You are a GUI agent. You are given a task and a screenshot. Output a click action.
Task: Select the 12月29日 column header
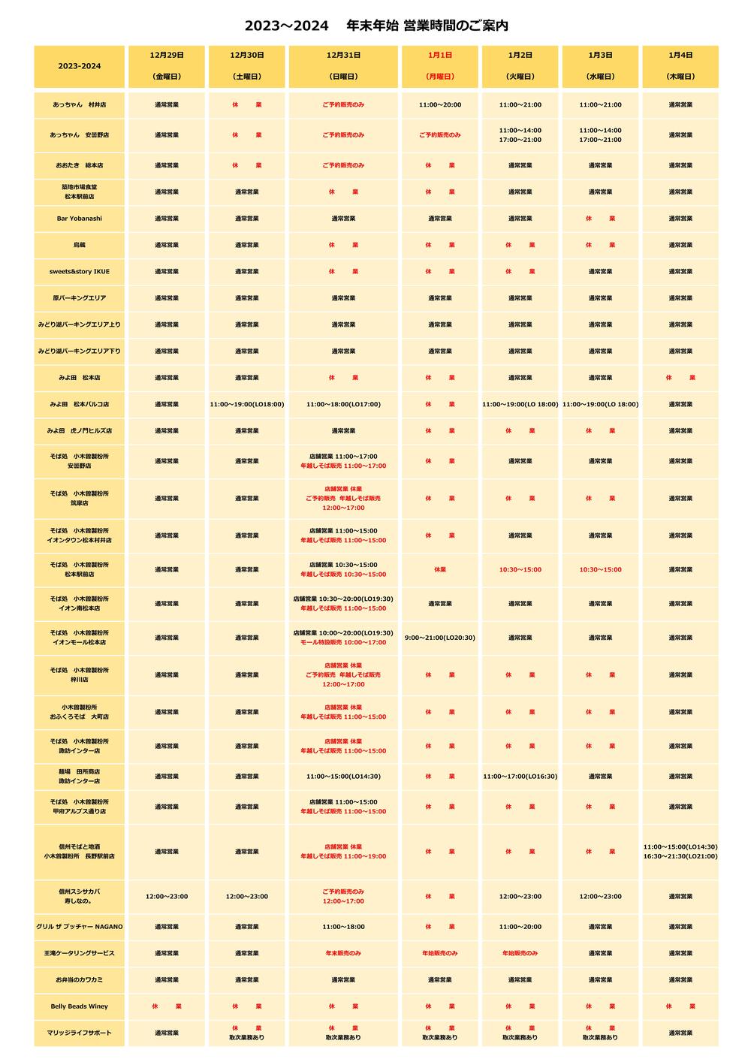(167, 66)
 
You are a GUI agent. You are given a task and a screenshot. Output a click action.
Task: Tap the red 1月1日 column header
(440, 66)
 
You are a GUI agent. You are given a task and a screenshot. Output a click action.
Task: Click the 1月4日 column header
(680, 66)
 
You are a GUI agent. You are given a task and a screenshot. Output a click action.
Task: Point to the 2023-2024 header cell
(80, 66)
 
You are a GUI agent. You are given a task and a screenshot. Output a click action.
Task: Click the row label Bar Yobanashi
(80, 219)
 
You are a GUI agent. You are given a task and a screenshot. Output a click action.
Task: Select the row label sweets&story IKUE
(80, 271)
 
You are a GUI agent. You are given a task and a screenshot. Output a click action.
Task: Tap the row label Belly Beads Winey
(80, 1006)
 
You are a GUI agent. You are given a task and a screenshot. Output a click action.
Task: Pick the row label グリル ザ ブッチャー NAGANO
(80, 927)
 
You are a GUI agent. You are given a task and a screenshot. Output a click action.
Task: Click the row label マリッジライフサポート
(80, 1033)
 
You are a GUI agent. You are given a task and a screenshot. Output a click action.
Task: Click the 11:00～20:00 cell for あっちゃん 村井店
(440, 105)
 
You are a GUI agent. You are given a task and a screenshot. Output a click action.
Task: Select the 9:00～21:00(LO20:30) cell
(440, 638)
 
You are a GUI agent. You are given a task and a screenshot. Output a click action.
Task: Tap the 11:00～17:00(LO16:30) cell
(520, 777)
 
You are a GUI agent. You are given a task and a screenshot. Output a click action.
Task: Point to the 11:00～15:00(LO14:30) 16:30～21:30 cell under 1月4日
(680, 852)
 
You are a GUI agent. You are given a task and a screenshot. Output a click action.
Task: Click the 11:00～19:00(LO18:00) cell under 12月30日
(247, 404)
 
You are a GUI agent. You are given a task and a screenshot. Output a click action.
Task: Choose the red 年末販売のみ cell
(343, 953)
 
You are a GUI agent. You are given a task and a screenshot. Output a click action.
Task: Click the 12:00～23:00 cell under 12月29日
(167, 896)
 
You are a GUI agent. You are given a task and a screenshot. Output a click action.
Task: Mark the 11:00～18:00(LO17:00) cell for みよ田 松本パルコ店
(343, 404)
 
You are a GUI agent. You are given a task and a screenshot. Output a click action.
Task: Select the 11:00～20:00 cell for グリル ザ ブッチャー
(520, 927)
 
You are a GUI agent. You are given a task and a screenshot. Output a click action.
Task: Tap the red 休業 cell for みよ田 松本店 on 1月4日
(680, 378)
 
